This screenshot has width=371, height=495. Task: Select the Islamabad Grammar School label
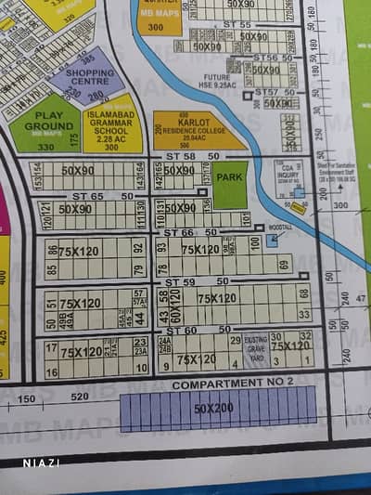coord(112,130)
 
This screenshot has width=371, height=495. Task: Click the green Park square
coord(229,177)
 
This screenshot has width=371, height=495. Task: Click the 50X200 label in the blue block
coord(215,408)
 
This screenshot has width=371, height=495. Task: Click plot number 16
coord(51,371)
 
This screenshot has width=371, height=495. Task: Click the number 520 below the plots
coord(80,397)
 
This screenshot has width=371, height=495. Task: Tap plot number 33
coord(304,316)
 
